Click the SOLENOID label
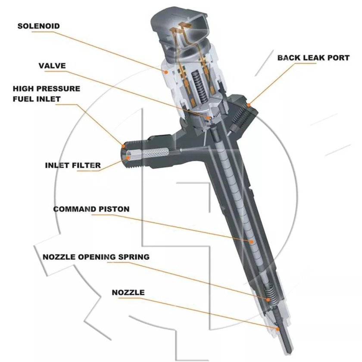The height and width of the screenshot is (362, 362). [38, 26]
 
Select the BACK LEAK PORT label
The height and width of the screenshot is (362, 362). [313, 57]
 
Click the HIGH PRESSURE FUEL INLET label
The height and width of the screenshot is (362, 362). [46, 94]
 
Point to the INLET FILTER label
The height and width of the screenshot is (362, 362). [73, 165]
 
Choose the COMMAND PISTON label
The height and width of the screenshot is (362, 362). [91, 209]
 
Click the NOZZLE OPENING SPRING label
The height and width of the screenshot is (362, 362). [96, 257]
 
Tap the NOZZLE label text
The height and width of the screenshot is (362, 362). [128, 293]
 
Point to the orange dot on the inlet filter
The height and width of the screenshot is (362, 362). [128, 158]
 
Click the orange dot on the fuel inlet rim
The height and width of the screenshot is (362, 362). [124, 146]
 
